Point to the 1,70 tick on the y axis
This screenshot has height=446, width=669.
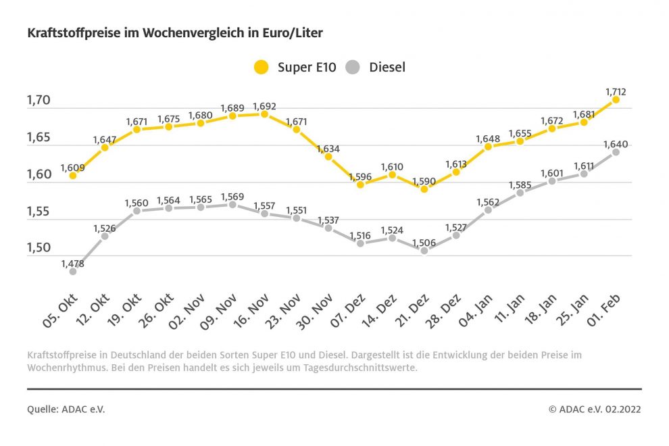[x=39, y=101]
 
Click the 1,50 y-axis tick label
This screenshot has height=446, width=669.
[x=39, y=248]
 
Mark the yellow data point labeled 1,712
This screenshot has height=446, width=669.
[x=616, y=99]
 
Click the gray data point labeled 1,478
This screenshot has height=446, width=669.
[x=72, y=272]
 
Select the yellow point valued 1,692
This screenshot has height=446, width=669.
[x=264, y=114]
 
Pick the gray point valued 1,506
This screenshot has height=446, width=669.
[x=424, y=251]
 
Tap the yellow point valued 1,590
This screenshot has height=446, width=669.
[x=424, y=189]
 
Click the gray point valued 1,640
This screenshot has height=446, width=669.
[x=616, y=152]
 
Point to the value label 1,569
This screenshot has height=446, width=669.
[x=232, y=195]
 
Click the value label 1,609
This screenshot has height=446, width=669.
[x=72, y=167]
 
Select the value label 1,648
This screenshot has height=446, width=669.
[x=488, y=139]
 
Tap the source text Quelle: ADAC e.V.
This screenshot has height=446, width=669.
[x=66, y=409]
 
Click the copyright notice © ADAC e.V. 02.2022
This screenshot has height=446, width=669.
[x=595, y=409]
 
